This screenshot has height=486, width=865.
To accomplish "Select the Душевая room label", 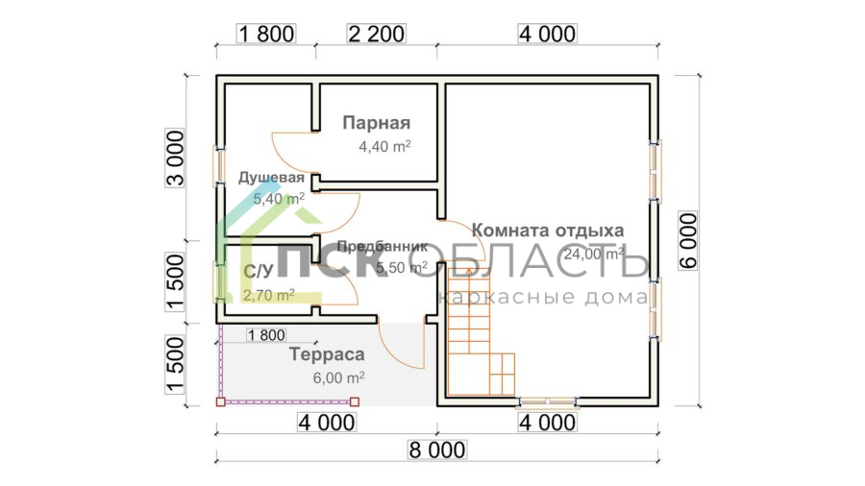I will tap(272, 178).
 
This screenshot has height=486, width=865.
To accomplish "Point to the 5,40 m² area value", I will tap(279, 199).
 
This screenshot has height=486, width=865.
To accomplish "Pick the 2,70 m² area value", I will tap(269, 296).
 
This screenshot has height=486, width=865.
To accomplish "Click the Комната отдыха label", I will tap(549, 231).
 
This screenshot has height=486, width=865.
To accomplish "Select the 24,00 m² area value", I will tap(594, 255).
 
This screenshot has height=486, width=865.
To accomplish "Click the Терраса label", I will tap(327, 354).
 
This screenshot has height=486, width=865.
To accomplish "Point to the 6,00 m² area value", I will tap(337, 377).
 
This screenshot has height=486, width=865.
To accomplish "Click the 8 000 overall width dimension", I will tap(438, 450).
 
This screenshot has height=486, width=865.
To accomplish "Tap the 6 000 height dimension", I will tap(689, 240).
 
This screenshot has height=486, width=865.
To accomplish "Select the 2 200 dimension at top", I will tap(377, 34).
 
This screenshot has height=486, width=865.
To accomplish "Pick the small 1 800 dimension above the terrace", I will tap(266, 335).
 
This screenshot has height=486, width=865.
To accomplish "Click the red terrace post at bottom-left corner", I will tap(220, 401).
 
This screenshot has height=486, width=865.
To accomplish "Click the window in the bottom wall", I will tap(547, 400).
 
